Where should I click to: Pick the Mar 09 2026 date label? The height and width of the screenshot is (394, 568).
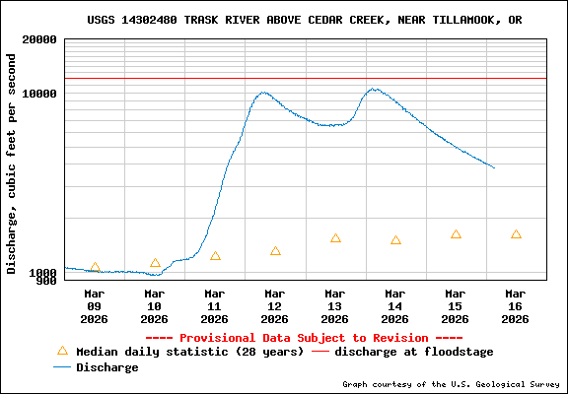point(95,305)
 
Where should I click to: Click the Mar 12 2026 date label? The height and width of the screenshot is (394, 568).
point(275,305)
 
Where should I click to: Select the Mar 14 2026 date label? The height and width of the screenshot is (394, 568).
point(395,305)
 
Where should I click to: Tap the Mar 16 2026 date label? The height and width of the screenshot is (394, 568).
point(516,305)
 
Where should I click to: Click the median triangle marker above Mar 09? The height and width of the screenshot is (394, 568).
point(95,268)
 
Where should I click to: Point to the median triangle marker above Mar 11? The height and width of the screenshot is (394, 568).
point(215,256)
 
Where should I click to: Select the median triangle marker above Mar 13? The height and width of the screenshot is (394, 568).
point(335,238)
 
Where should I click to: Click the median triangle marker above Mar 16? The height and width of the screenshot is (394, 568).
point(516,234)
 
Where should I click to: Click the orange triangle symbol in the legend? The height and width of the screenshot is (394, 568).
point(62,351)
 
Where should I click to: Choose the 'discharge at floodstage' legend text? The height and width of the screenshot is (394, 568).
point(414,352)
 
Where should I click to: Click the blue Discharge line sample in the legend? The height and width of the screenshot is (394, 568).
point(62,367)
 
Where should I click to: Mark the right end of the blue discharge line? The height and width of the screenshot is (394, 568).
point(494,167)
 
